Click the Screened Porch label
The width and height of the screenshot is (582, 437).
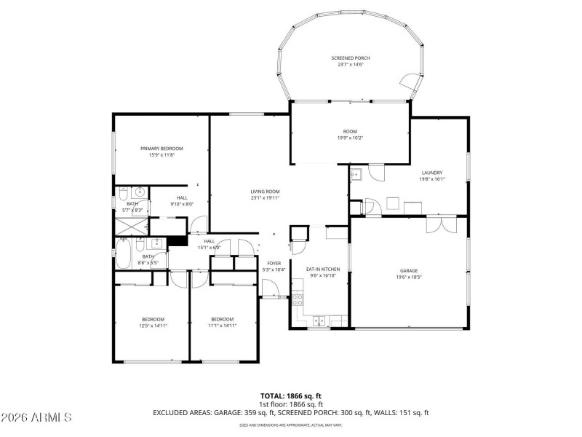351,58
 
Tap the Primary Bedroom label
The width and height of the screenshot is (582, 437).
162,148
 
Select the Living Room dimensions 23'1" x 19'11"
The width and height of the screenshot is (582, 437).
266,197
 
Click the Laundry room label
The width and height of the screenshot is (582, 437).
431,173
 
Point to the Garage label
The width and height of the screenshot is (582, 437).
408,269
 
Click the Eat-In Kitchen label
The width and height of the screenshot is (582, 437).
323,269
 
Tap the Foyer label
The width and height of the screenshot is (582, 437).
274,263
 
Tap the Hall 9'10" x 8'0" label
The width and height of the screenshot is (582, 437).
182,197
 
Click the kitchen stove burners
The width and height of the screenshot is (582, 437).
297,299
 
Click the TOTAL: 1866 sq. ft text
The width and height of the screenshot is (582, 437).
291,395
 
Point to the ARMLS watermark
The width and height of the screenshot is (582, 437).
36,417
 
